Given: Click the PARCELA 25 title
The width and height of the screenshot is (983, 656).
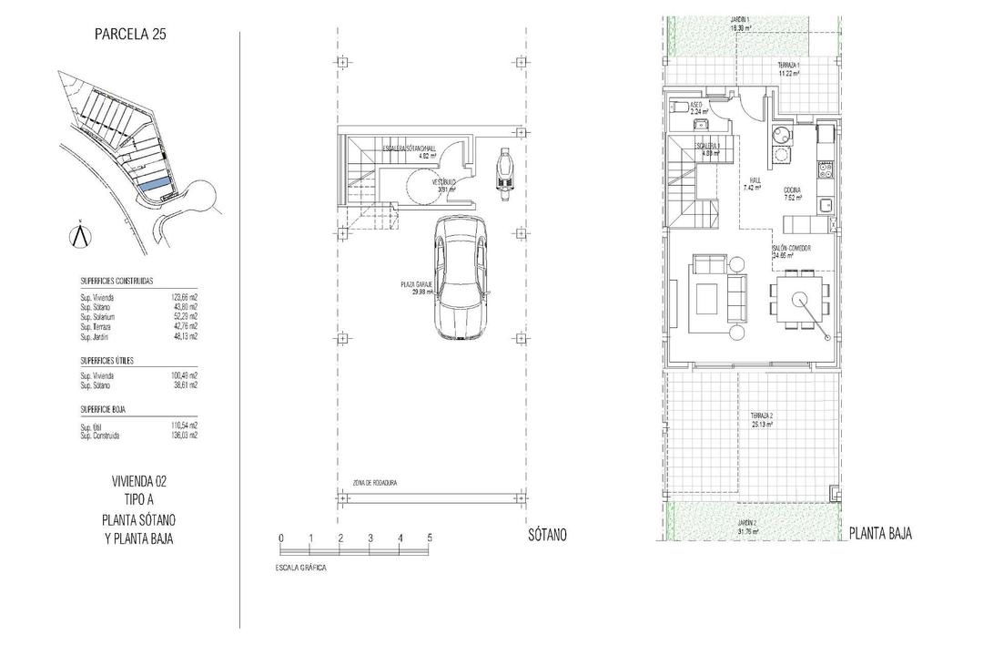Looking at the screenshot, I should [129, 36].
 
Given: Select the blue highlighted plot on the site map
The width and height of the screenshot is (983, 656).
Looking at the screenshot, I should [153, 184].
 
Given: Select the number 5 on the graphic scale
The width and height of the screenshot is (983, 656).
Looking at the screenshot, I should [429, 538].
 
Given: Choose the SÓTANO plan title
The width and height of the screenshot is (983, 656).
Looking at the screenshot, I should [546, 535].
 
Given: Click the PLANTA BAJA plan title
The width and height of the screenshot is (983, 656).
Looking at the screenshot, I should [880, 535].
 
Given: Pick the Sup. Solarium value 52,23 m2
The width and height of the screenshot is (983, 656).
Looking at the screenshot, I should [185, 317].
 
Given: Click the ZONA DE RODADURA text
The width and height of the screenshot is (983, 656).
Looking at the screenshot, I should [375, 483].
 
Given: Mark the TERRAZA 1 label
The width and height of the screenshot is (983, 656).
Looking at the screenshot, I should [787, 69].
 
